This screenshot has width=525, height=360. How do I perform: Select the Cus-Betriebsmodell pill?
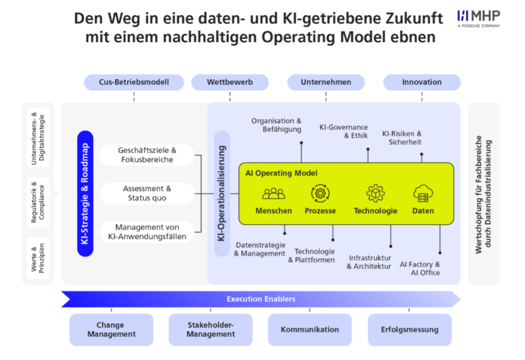tap(134, 82)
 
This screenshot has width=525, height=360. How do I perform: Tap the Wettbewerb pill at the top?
tap(229, 82)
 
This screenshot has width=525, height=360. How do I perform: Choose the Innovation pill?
tap(421, 82)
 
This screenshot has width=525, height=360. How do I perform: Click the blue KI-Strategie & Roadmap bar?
tap(85, 194)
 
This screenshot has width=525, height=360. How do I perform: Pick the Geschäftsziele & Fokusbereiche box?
tap(147, 155)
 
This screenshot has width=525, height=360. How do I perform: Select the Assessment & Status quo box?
tap(147, 193)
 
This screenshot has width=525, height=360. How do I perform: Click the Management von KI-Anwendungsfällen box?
tap(147, 232)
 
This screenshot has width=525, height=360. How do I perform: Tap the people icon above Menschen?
tap(274, 194)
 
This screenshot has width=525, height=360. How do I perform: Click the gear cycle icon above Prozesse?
tap(320, 194)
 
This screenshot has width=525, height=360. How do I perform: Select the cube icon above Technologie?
tap(375, 194)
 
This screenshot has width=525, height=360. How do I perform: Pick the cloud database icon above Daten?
tap(423, 194)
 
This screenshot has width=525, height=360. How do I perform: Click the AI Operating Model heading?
tap(281, 173)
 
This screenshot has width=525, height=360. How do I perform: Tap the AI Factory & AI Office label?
tap(420, 268)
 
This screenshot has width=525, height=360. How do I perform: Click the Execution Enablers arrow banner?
tap(261, 299)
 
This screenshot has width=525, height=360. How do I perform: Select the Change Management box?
tap(111, 329)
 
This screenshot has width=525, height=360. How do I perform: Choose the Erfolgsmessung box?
tap(409, 329)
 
